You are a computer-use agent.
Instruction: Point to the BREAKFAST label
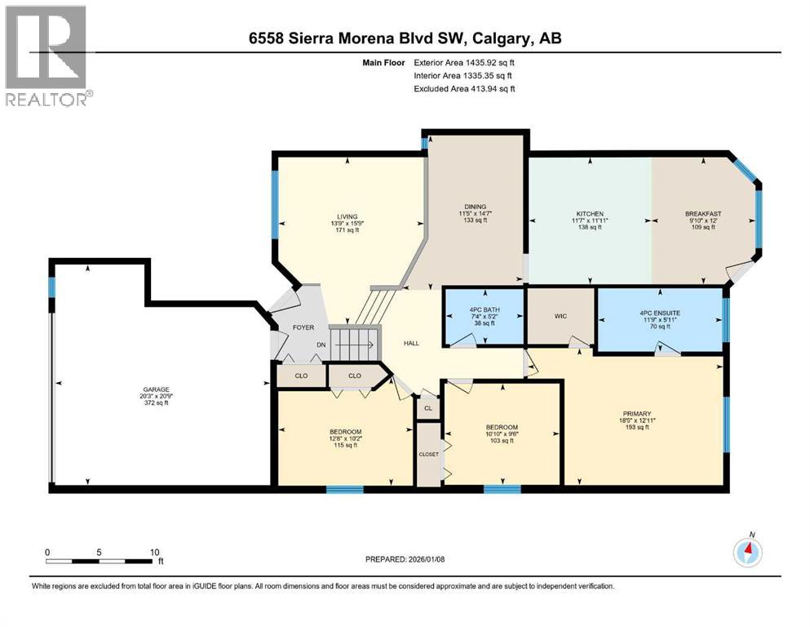point(702,214)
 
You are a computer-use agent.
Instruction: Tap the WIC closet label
point(560,316)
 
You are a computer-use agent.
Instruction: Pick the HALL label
point(411,343)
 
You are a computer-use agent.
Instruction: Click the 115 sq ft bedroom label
point(345,431)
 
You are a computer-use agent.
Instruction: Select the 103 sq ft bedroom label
point(502,427)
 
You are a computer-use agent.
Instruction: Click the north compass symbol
point(748,552)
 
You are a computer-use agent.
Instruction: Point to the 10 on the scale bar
point(155,552)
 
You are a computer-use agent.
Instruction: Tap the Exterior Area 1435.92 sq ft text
point(464,62)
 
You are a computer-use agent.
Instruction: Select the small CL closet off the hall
point(427,406)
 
